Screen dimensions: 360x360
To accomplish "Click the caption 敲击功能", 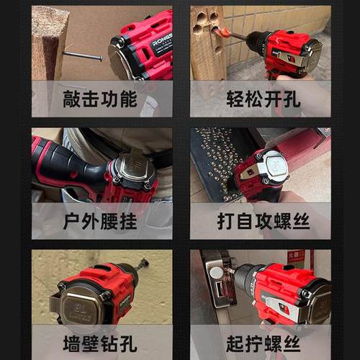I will (x=102, y=99).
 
